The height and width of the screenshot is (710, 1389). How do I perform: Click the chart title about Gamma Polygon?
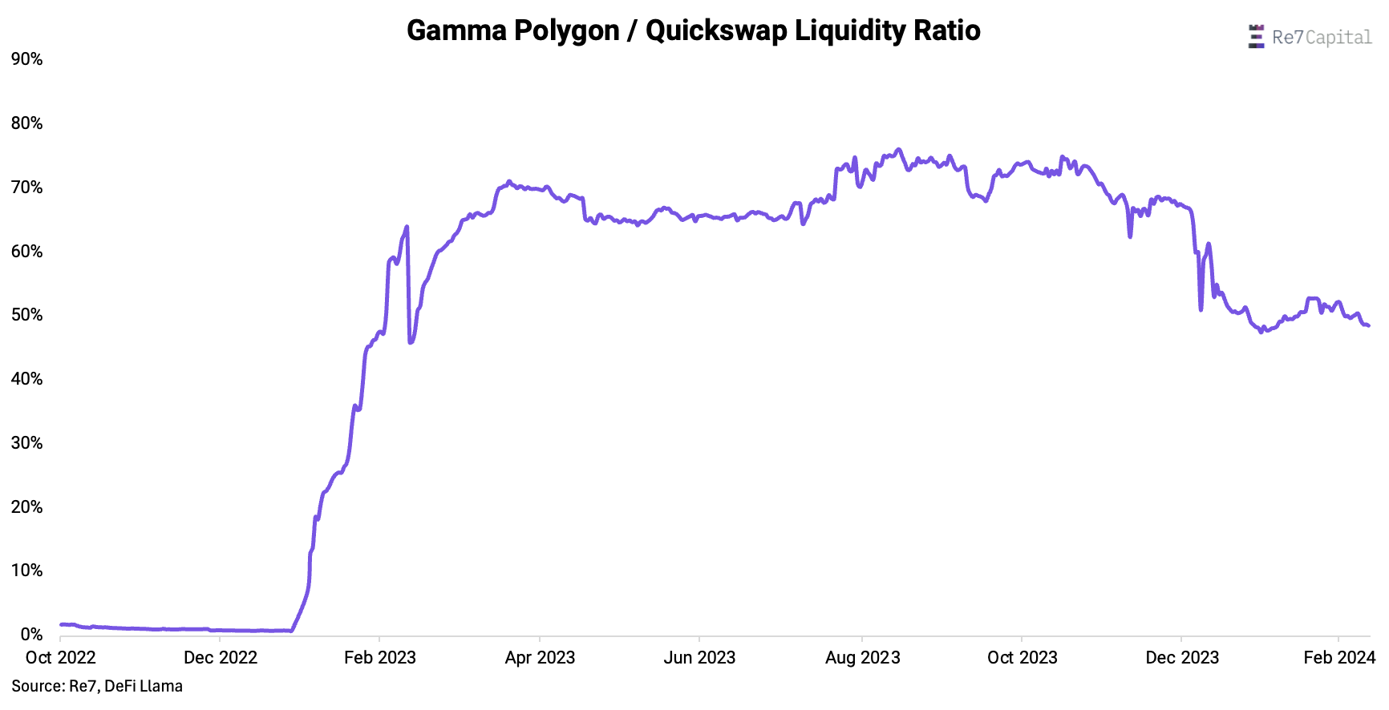[x=693, y=30]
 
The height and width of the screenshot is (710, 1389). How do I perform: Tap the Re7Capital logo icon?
[x=1256, y=37]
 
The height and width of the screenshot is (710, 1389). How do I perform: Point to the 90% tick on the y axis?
[x=26, y=59]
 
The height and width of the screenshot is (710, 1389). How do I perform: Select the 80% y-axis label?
[x=26, y=123]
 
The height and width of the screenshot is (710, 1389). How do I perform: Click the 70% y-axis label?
[x=26, y=188]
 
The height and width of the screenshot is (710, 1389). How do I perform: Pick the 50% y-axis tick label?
[x=26, y=315]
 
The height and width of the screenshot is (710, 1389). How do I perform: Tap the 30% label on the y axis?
[x=26, y=443]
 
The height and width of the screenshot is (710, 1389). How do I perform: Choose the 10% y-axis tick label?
[x=26, y=571]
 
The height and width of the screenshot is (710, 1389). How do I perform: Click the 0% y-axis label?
[x=31, y=635]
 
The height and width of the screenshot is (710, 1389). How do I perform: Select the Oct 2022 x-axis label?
[x=60, y=658]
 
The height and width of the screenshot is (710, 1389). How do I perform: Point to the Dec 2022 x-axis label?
[x=220, y=658]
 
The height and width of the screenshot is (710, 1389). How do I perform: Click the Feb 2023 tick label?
[x=379, y=658]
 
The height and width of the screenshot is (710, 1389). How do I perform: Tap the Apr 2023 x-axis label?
[x=540, y=658]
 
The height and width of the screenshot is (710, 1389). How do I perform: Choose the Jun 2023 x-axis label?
[x=699, y=658]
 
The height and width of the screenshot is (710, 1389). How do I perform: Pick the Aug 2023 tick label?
[x=862, y=658]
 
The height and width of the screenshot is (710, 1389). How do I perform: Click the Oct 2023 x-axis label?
[x=1022, y=658]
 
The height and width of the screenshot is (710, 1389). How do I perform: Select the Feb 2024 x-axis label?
[x=1338, y=658]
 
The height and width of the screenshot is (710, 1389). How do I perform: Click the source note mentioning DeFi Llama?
[x=97, y=686]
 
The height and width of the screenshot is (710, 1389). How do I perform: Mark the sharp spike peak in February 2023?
[x=407, y=227]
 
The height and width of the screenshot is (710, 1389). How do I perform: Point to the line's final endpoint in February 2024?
[x=1368, y=325]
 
